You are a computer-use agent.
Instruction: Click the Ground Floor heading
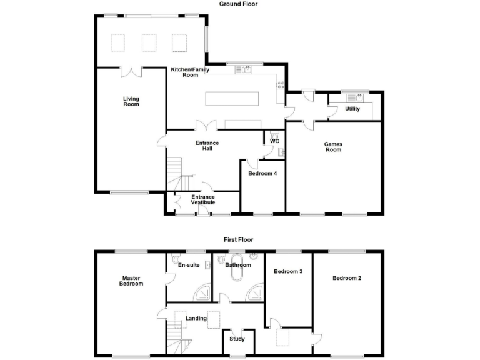coord(238,4)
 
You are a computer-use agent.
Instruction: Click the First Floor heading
coord(239,239)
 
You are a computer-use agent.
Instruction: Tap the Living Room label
coord(131,101)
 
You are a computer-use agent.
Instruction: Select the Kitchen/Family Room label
coord(184,72)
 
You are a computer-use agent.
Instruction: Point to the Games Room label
coord(333,147)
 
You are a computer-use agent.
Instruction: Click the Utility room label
coord(352,109)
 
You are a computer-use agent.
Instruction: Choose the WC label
coord(274,141)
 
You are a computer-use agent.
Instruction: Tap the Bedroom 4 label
coord(262,174)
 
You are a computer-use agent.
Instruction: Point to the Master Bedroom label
coord(132,281)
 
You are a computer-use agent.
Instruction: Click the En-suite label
coord(189,265)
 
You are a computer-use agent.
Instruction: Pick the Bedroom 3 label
coord(288,272)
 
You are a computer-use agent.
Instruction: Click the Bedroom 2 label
coord(347,278)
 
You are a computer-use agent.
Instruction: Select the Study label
coord(237,339)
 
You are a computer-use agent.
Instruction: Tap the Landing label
coord(196,319)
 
